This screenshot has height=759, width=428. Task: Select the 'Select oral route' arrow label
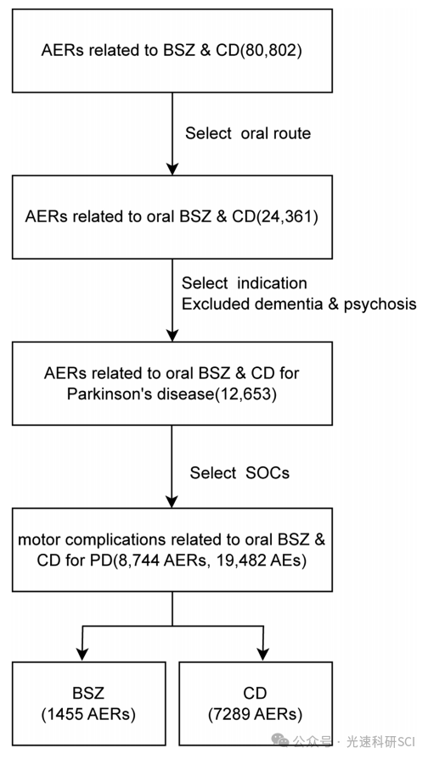point(248,133)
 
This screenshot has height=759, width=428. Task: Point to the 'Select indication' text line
point(245,282)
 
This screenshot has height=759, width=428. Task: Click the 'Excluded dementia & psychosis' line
point(299,304)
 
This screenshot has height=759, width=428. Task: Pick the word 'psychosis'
point(380,304)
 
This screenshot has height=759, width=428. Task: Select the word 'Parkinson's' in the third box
point(104,395)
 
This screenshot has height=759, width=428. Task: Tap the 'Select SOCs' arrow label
point(239,472)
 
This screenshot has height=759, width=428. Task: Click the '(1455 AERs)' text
point(88,714)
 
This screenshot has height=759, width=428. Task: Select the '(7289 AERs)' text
point(255,714)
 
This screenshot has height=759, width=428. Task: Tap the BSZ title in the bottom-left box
point(88,693)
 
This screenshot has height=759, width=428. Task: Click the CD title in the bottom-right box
point(255,693)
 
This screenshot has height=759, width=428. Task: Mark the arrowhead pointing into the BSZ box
point(83,655)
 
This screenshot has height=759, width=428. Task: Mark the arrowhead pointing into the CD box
point(262,655)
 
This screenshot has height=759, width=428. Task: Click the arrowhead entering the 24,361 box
point(172,168)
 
